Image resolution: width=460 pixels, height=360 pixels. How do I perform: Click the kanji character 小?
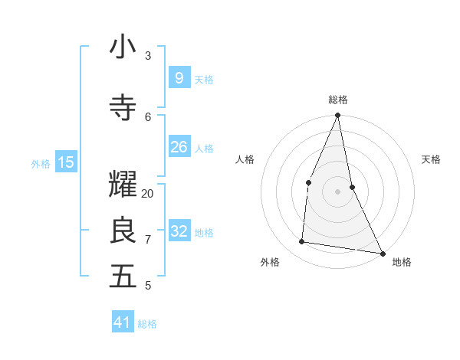coord(123,47)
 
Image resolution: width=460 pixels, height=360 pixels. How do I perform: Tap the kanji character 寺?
coord(123,108)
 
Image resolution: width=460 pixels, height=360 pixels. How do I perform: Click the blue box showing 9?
coord(179,78)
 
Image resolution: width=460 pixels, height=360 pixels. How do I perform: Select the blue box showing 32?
coord(179,231)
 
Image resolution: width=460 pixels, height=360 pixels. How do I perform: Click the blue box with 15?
coord(66,162)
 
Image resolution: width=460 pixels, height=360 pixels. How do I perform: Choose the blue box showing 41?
coord(123,322)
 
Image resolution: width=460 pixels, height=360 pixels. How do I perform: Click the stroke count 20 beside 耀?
coord(148,194)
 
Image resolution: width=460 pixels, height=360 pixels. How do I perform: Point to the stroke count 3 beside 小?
coord(148,56)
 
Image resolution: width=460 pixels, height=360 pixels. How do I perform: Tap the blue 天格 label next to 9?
coord(204,79)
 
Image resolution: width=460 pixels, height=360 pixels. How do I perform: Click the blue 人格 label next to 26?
coord(204,148)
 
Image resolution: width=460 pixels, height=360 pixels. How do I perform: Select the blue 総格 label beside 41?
coord(147,324)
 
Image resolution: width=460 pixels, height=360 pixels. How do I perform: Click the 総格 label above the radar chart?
coord(338,100)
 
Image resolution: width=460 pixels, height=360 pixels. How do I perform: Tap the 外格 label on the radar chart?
coord(270,262)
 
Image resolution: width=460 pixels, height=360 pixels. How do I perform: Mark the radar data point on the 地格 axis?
coord(382,253)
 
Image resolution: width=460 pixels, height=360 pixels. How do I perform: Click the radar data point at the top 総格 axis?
coord(337,115)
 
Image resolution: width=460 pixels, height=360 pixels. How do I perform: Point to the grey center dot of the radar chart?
coord(337,191)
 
